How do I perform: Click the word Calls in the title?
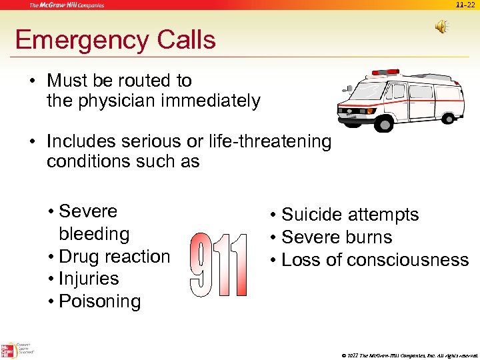(186, 40)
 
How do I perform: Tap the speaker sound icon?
(442, 26)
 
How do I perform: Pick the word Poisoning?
(100, 301)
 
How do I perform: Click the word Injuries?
(89, 279)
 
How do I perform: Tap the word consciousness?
(405, 260)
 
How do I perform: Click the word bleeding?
(94, 234)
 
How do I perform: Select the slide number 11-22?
(465, 5)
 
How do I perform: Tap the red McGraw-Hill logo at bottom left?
(9, 350)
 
